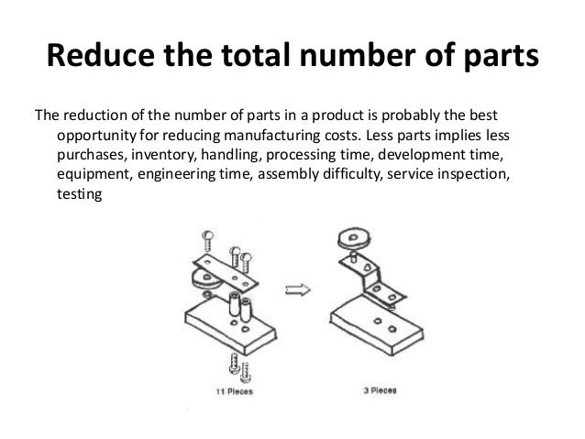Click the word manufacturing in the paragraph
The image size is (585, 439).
pyautogui.click(x=272, y=135)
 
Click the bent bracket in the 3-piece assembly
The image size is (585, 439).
pyautogui.click(x=371, y=274)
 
